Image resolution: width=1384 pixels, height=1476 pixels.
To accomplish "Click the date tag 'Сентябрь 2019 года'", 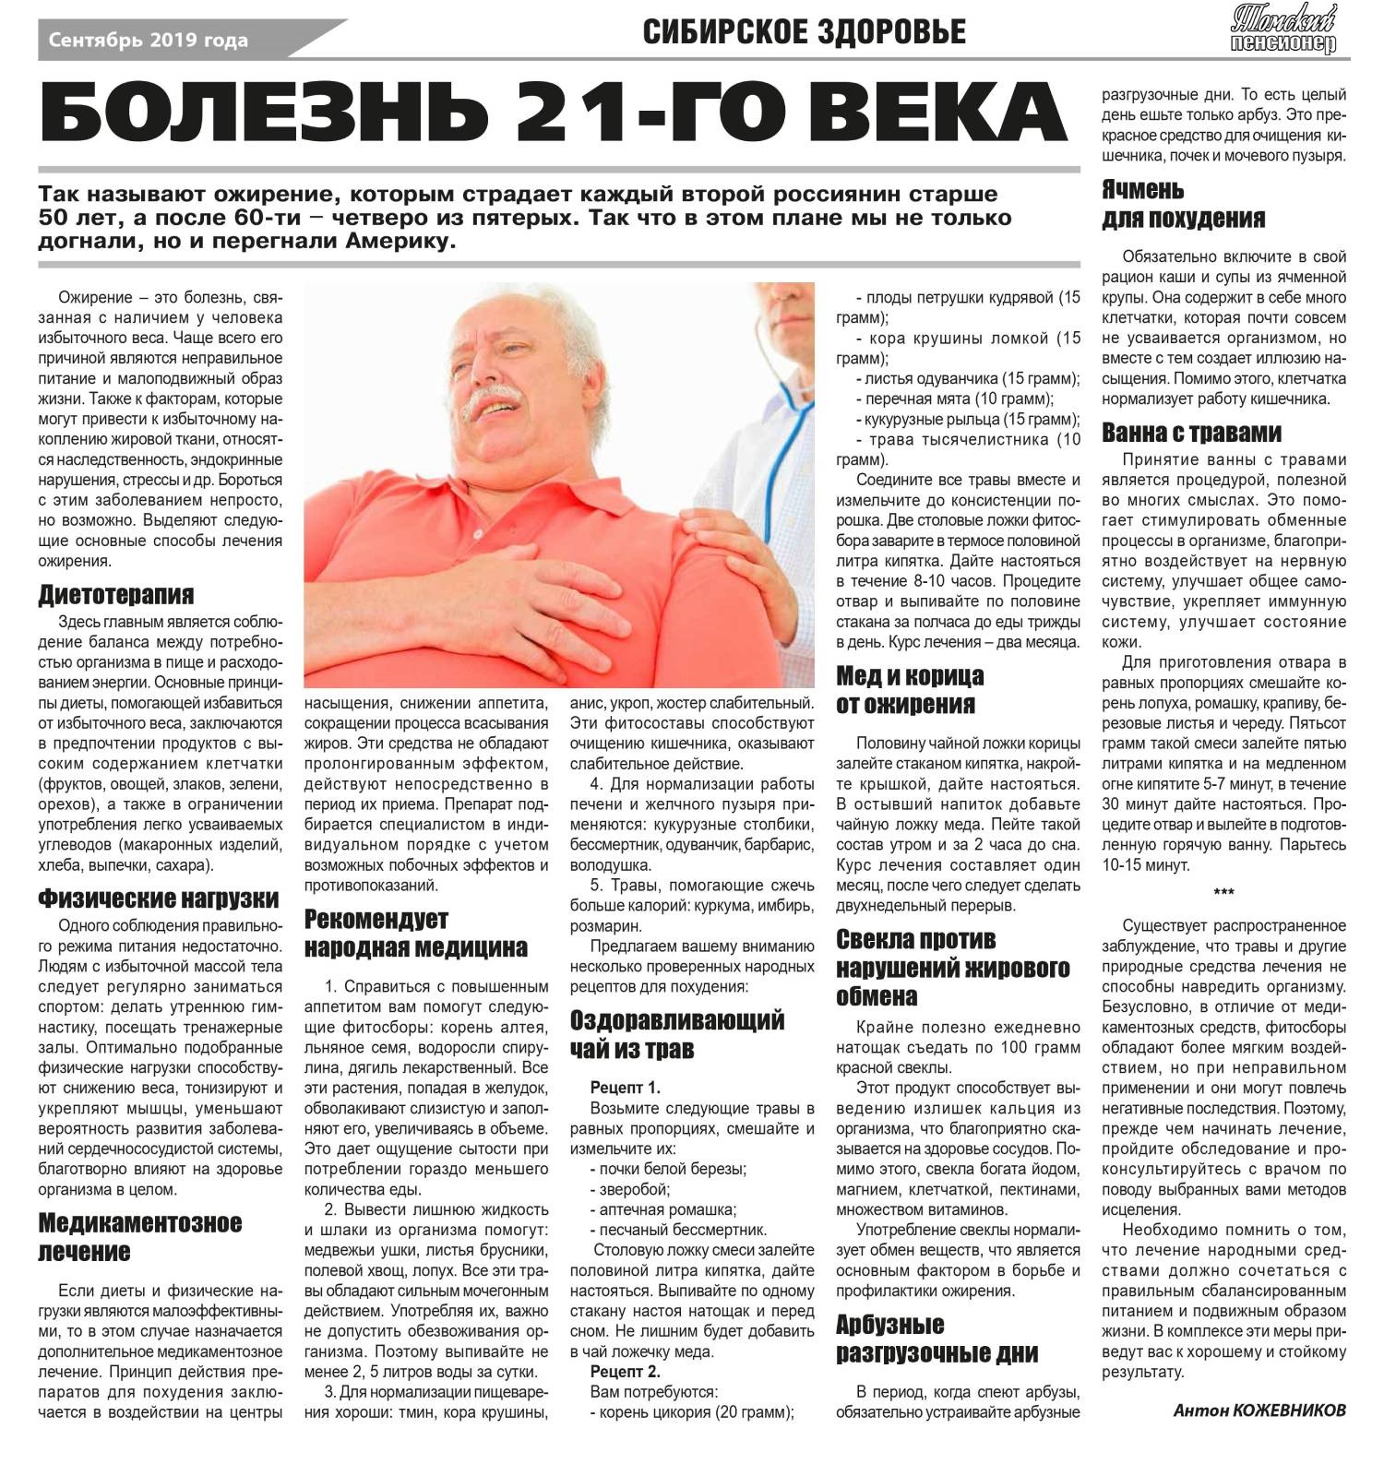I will [148, 41].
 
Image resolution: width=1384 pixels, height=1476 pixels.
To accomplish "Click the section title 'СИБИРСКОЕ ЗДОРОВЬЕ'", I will [804, 32].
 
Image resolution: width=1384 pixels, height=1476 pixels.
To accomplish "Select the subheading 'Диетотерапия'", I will [116, 594].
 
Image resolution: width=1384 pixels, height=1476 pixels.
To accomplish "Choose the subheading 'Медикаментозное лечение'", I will [139, 1237].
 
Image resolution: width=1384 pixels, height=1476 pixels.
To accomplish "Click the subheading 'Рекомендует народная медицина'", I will [416, 933].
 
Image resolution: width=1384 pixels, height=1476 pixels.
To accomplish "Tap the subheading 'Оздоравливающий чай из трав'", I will [677, 1034].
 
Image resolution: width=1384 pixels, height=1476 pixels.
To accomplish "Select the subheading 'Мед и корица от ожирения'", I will [910, 690].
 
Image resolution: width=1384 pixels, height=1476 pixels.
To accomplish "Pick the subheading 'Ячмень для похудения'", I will [1184, 205].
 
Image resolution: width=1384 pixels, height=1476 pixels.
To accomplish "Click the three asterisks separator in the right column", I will [1223, 893].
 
